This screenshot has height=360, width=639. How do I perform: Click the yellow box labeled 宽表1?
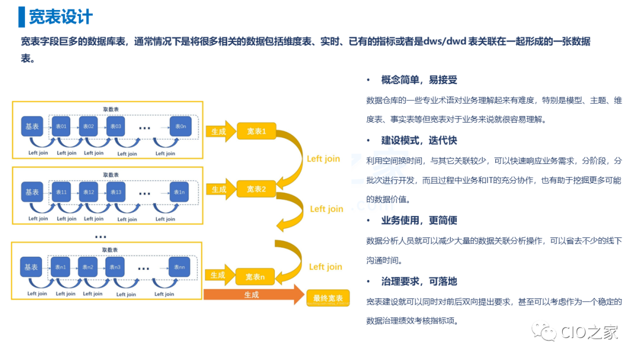click(256, 131)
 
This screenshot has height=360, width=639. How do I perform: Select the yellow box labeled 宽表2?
click(256, 189)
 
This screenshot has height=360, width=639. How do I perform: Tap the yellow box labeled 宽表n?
click(255, 277)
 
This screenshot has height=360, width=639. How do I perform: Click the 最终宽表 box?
click(327, 298)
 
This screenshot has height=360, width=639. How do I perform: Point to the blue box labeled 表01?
click(61, 126)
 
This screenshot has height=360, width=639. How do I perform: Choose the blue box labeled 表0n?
click(180, 126)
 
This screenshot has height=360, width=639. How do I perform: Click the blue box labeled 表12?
click(89, 192)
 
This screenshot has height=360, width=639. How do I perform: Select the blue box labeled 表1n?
click(180, 192)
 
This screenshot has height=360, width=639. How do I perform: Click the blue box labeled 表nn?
click(179, 268)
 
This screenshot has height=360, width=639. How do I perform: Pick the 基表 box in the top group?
click(32, 126)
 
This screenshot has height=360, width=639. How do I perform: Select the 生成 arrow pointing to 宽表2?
click(220, 189)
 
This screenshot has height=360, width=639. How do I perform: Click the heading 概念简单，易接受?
click(419, 80)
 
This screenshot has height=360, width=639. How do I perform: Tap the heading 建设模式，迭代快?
click(419, 140)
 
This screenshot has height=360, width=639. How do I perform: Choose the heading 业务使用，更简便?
click(419, 220)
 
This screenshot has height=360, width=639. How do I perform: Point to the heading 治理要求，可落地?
click(419, 281)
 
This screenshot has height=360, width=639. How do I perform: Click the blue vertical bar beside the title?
click(22, 17)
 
